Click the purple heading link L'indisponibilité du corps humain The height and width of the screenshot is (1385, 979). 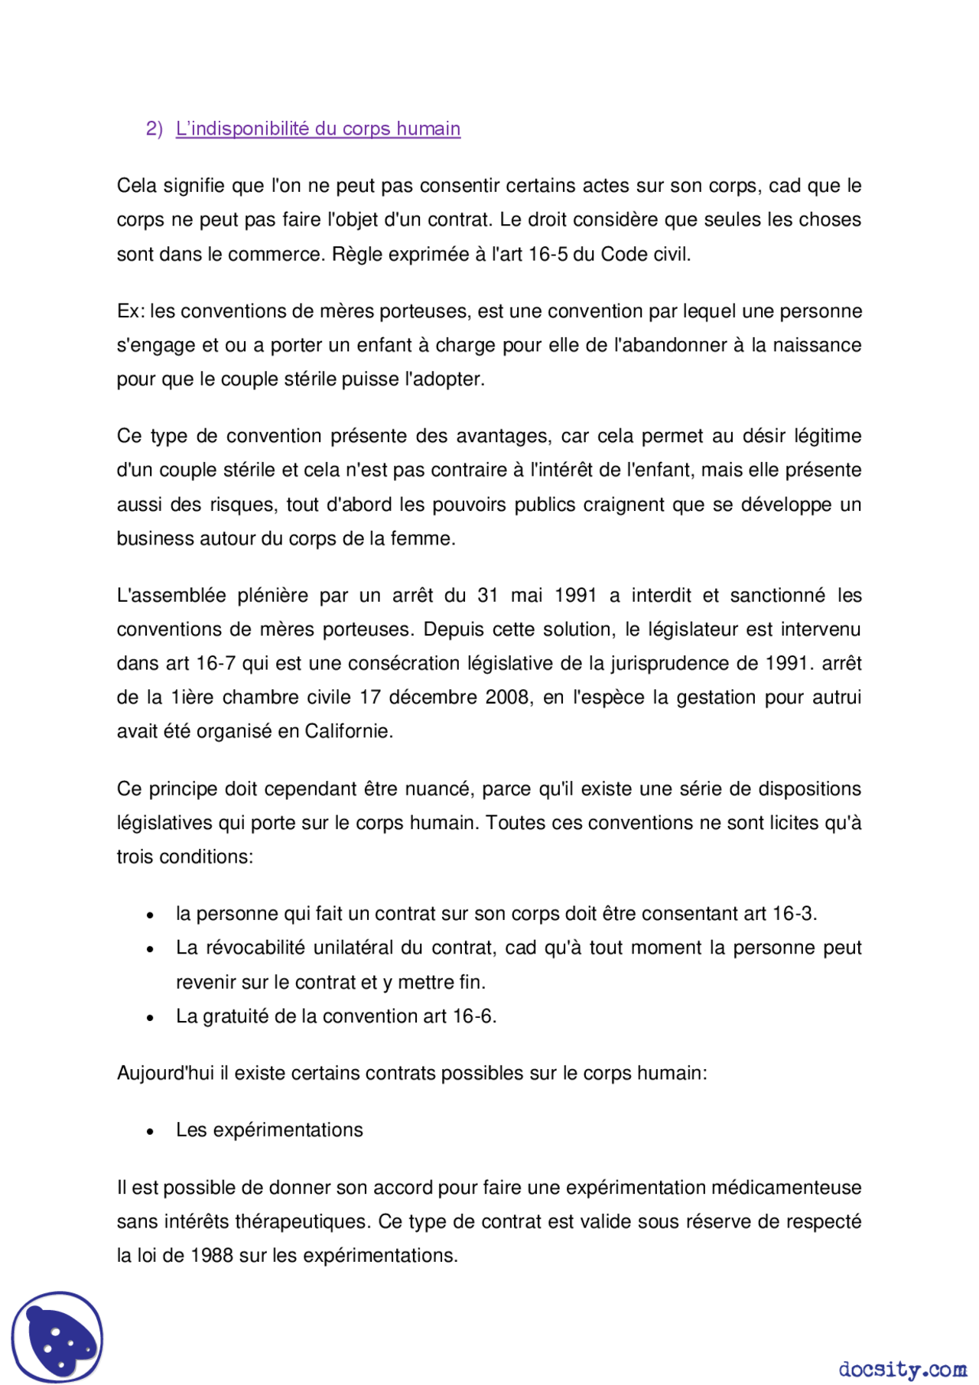point(317,128)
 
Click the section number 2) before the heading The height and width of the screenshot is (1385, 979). point(154,128)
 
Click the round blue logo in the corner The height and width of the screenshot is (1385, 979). point(57,1337)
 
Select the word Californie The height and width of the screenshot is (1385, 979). point(349,731)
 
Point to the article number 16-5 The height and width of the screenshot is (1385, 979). point(548,254)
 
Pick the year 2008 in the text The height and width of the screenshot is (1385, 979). point(507,697)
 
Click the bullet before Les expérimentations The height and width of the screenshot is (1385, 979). point(151,1131)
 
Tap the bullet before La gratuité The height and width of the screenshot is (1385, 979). point(151,1017)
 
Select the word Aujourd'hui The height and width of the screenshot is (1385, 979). point(165,1073)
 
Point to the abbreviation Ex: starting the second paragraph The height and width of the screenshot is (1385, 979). point(130,311)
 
